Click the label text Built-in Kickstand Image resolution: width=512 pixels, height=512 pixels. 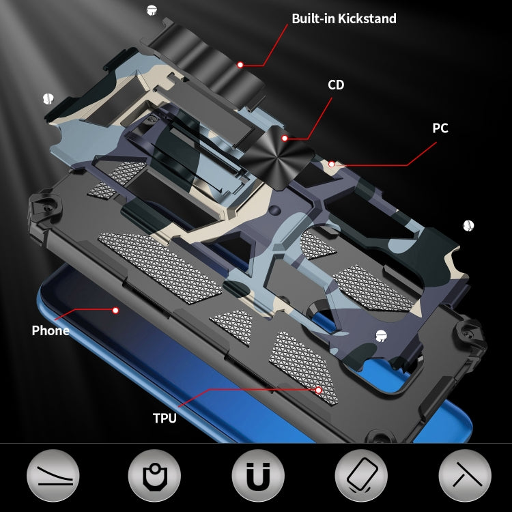click(344, 18)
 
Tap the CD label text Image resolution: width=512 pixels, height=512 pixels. click(336, 85)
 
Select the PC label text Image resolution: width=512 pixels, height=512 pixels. click(440, 128)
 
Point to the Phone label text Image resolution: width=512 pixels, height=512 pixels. click(51, 330)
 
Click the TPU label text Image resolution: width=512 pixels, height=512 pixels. click(165, 418)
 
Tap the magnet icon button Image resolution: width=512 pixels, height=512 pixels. click(258, 475)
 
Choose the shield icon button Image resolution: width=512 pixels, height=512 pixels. click(154, 475)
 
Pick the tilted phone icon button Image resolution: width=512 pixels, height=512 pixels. click(361, 475)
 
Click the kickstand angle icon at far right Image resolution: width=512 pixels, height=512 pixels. click(465, 475)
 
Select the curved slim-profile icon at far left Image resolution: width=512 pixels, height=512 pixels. click(53, 475)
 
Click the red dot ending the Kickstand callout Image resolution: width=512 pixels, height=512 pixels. click(240, 65)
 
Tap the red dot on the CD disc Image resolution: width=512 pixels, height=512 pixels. click(285, 139)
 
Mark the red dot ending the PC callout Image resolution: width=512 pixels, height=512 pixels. click(331, 164)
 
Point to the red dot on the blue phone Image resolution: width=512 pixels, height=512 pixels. click(115, 310)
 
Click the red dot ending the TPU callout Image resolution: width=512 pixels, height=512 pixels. click(318, 390)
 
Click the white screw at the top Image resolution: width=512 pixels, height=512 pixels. click(151, 10)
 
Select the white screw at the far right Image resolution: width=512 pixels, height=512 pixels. click(468, 225)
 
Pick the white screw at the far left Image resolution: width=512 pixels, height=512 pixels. click(48, 98)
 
